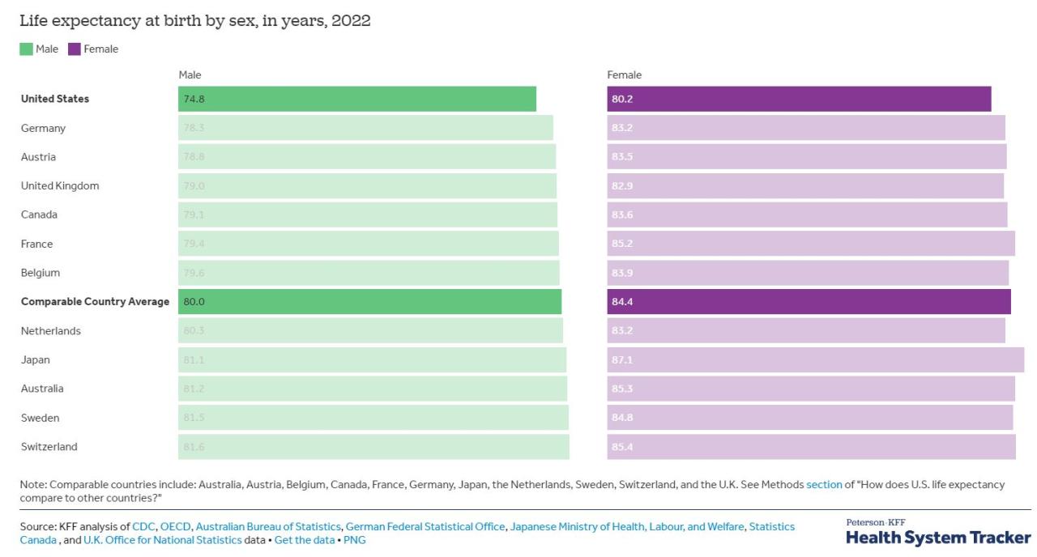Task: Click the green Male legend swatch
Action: [25, 49]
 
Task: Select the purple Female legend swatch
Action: [73, 49]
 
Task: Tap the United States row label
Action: [55, 99]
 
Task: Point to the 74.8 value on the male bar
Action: [194, 99]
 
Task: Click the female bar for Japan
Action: [815, 359]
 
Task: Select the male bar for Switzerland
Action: [373, 447]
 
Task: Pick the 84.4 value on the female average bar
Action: [622, 302]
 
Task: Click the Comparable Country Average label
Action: [95, 302]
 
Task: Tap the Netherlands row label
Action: [50, 331]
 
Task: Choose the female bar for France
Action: [810, 244]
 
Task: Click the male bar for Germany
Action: [365, 128]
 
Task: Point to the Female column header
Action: [624, 74]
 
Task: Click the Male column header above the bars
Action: [190, 74]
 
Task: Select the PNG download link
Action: [354, 540]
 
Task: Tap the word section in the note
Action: [824, 484]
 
